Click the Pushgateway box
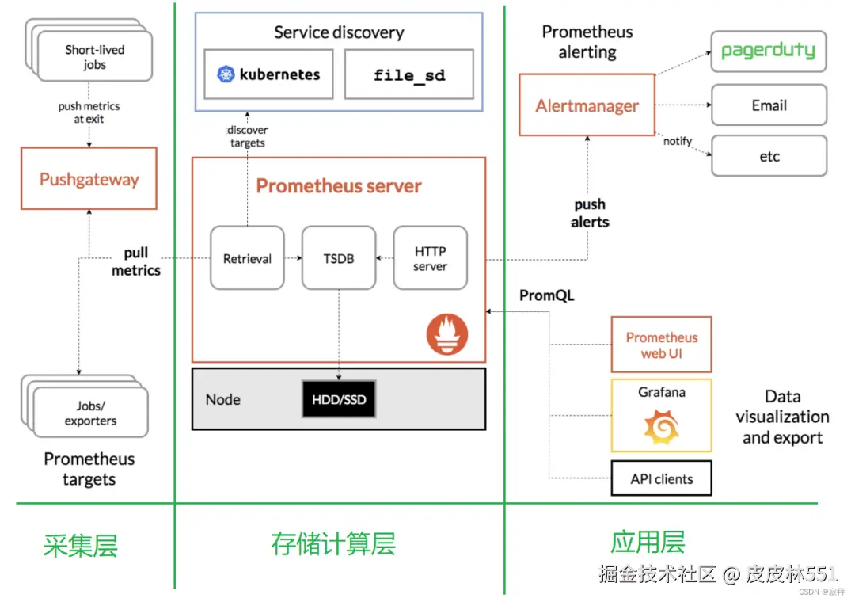pos(89,180)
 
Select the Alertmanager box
pos(587,105)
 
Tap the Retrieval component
pos(247,258)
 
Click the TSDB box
pos(339,258)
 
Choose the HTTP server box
pos(430,258)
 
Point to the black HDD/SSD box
pos(339,399)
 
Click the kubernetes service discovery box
pos(268,74)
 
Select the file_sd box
pos(409,75)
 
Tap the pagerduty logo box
pos(768,51)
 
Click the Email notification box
pos(769,105)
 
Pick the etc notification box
pos(769,156)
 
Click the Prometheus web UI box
pos(661,345)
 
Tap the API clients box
pos(661,478)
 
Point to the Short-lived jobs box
pos(94,56)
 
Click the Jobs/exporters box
pos(90,413)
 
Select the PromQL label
pos(546,295)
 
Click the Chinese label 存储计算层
pos(332,544)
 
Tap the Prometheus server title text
pos(338,186)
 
